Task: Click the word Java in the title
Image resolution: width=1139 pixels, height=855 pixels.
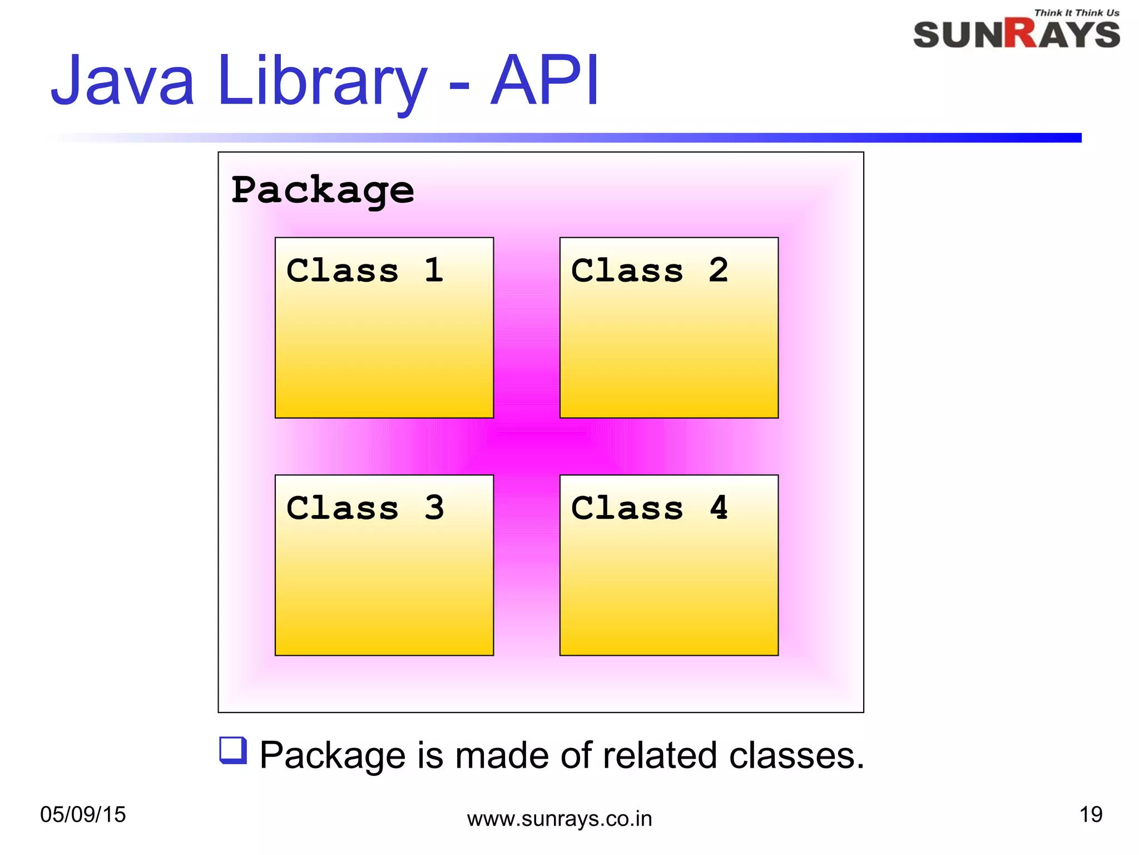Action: coord(122,81)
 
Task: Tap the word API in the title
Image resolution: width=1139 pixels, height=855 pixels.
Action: coord(545,81)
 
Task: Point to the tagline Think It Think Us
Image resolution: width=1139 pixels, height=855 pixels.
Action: coord(1076,13)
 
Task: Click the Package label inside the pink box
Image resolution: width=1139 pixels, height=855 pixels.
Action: coord(323,190)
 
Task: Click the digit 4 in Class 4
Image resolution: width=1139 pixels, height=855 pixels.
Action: coord(719,508)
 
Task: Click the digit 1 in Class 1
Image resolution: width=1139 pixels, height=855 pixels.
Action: coord(434,271)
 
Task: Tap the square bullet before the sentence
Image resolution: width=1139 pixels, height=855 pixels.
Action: coord(233,750)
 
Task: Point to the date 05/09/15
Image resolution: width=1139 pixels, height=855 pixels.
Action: coord(83,814)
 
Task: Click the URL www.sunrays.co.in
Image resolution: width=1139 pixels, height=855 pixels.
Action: coord(559,819)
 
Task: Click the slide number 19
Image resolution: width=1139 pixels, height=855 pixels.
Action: coord(1091,814)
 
